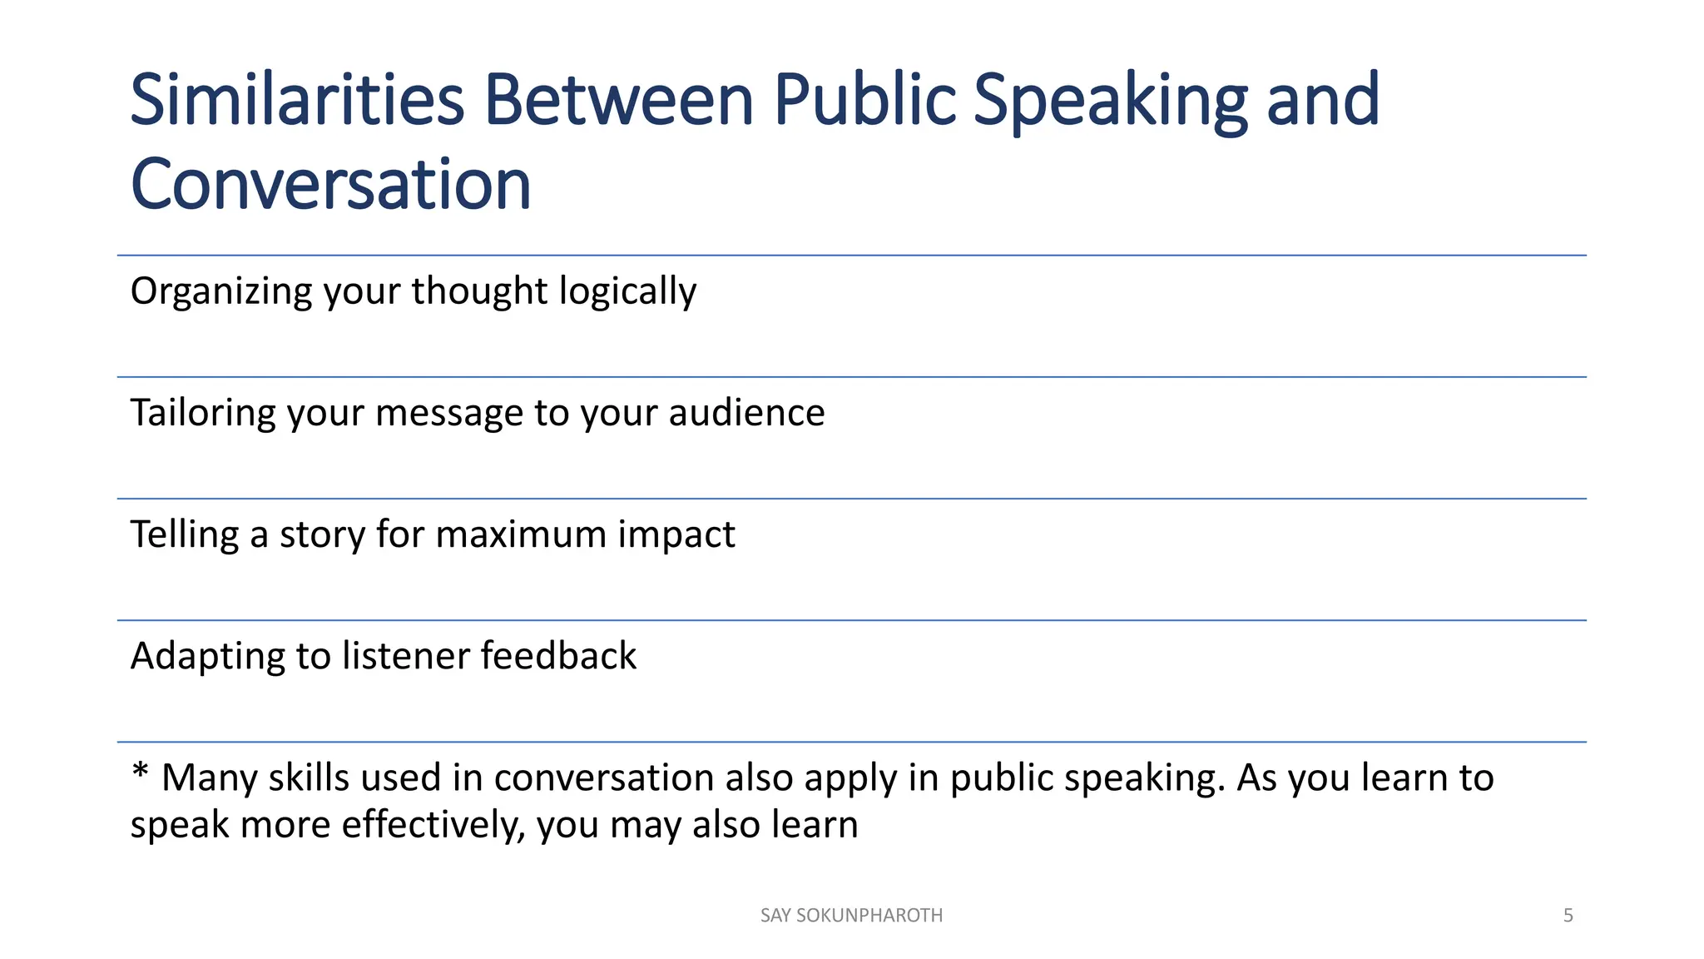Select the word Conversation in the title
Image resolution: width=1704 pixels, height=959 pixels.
(330, 184)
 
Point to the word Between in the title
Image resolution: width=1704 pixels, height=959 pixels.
(619, 100)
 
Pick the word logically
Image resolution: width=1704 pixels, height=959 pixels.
(627, 292)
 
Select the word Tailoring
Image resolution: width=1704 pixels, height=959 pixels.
(203, 413)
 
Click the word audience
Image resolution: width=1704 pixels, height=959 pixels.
(746, 413)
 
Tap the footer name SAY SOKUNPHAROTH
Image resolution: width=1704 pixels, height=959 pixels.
(851, 916)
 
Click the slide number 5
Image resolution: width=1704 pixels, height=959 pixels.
(1568, 916)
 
